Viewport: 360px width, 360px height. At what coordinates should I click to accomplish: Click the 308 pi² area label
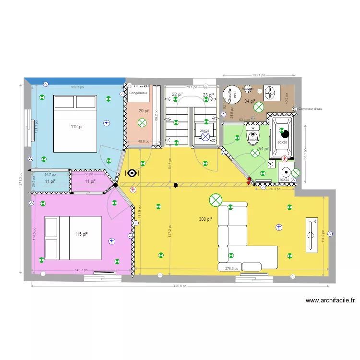coord(205,219)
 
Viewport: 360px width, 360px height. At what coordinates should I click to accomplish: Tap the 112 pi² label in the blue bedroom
coord(78,127)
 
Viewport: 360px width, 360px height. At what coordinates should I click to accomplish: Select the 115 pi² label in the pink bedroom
coord(81,234)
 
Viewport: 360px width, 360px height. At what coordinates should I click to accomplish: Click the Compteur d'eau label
coord(312,108)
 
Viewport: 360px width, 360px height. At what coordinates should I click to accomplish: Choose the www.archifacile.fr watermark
coord(330,301)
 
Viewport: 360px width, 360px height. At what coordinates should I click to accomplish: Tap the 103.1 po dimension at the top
coord(259,75)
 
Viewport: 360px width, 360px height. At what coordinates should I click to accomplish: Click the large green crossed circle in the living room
coord(216,200)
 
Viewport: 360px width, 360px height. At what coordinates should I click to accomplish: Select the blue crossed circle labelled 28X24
coord(205,137)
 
